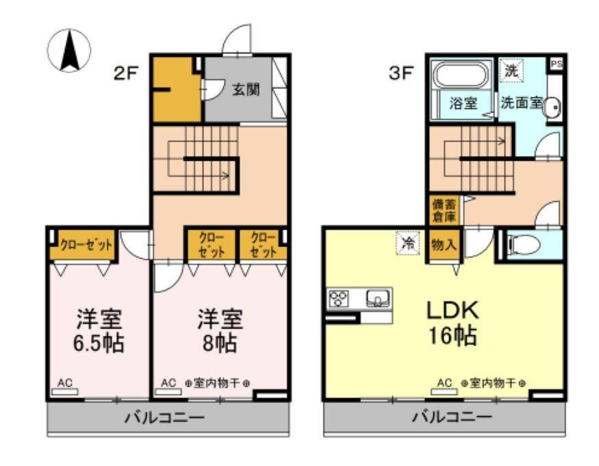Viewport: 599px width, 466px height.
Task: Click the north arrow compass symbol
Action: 69,51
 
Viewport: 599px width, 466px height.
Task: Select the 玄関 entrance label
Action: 245,90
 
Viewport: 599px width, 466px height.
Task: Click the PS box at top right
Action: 556,63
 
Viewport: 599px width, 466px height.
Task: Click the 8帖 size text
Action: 220,343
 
